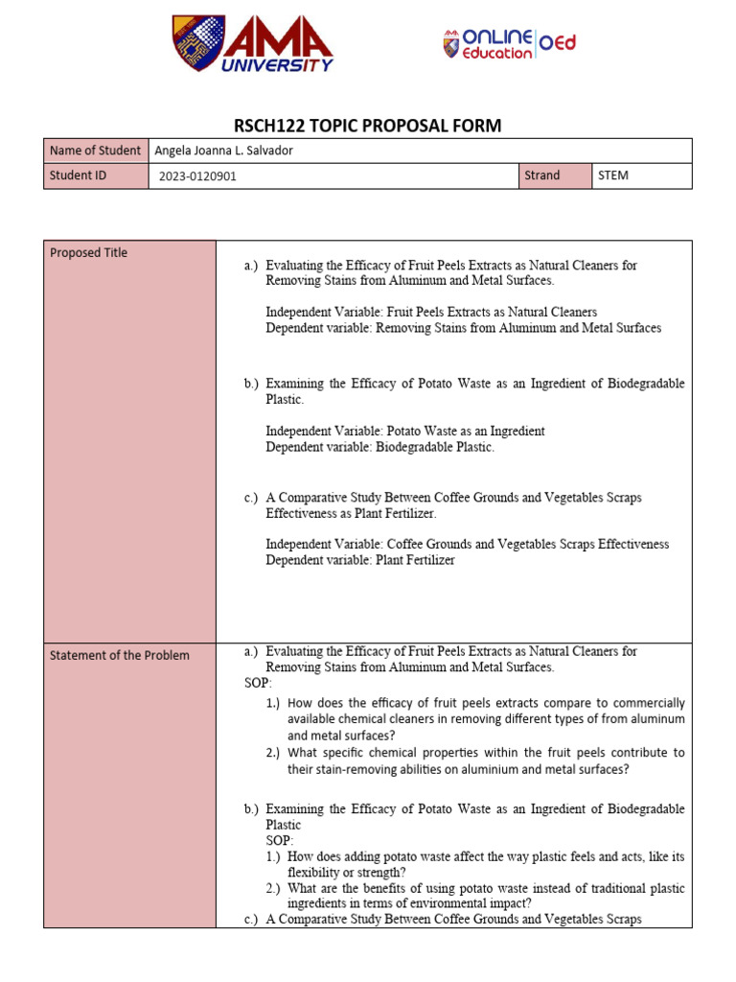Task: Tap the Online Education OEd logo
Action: [509, 44]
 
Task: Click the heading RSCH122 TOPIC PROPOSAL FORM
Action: [368, 126]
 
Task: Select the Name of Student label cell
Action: [95, 151]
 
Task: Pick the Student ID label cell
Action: [95, 175]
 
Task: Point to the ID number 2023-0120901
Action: [197, 176]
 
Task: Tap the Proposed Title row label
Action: [88, 253]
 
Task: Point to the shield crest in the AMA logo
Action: [198, 43]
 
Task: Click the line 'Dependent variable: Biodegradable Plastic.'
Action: [379, 448]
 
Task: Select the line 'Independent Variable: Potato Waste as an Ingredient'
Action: [404, 432]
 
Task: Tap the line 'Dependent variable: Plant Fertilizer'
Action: [360, 560]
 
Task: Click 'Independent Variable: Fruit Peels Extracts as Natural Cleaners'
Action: [431, 312]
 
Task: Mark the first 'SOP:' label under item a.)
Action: [258, 684]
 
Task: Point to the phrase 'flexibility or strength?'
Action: [347, 873]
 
